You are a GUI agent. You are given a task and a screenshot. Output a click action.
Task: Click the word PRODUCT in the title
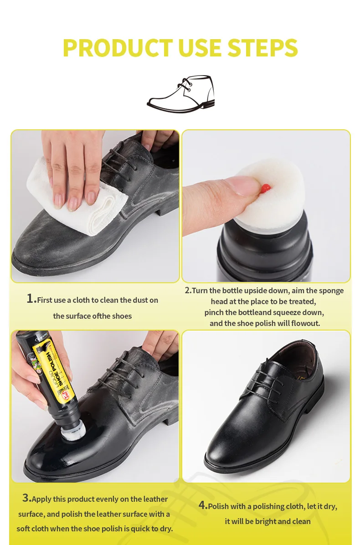(118, 48)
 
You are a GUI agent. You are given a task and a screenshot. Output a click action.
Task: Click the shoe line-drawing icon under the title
(180, 94)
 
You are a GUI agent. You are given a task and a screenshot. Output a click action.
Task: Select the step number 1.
(31, 299)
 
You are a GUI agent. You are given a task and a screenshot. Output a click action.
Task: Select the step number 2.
(187, 290)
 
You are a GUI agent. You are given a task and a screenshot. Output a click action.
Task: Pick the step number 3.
(26, 498)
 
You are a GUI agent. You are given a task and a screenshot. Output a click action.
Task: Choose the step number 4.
(202, 505)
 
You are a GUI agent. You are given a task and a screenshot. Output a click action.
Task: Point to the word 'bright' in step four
(265, 521)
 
